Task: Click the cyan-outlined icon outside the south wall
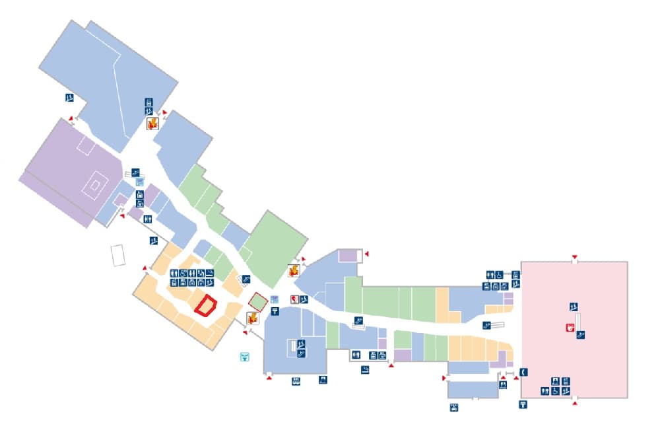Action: [244, 357]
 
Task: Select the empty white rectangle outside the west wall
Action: [118, 256]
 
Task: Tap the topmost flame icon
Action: [152, 124]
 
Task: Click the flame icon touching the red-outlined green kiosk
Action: [251, 318]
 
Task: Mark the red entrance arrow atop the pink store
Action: [575, 256]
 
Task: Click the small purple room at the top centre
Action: [347, 256]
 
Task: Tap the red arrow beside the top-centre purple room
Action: [367, 254]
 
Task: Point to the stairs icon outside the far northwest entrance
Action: [69, 98]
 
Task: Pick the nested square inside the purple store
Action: [95, 186]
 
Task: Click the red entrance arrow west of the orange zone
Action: [146, 268]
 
